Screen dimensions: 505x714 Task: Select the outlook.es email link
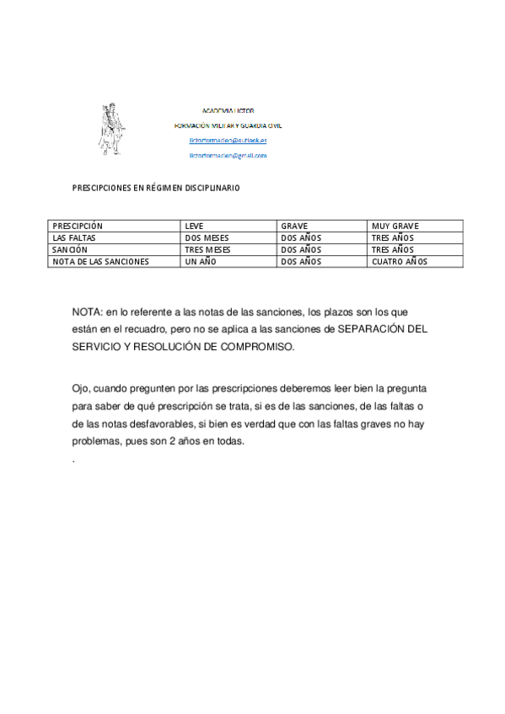tap(228, 141)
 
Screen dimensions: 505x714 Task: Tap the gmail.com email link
tap(228, 156)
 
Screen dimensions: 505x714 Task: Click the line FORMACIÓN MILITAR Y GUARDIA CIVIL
tap(228, 125)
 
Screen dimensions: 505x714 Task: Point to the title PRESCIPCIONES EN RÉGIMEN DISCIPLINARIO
tap(155, 188)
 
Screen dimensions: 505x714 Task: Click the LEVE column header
tap(194, 226)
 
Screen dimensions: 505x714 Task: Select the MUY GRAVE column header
tap(395, 226)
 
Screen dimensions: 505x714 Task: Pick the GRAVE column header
tap(294, 226)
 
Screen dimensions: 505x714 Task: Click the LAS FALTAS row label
tap(74, 238)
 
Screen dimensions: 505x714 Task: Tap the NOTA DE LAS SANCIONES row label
tap(100, 262)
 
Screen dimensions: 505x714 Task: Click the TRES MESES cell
tap(207, 250)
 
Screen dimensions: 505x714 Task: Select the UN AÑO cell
tap(201, 262)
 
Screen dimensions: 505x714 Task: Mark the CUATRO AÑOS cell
tap(400, 262)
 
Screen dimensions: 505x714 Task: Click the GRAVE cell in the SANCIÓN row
tap(300, 250)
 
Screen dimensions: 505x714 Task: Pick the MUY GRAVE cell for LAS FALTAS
tap(393, 238)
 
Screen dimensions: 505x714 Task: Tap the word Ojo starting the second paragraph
tap(82, 387)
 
